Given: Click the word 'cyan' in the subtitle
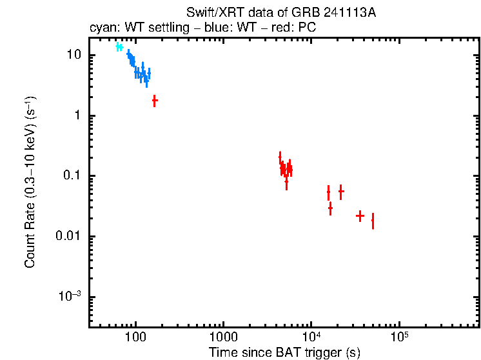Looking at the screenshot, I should click(x=101, y=28).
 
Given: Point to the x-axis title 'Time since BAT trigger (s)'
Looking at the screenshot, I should click(x=284, y=352).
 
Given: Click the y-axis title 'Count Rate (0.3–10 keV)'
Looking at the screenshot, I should click(x=30, y=187).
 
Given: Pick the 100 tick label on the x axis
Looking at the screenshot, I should click(x=135, y=337).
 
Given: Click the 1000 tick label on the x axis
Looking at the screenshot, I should click(x=223, y=337).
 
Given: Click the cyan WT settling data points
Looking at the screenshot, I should click(x=119, y=47).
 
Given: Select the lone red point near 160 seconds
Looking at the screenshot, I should click(x=155, y=101).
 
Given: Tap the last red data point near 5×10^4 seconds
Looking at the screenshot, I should click(x=373, y=221).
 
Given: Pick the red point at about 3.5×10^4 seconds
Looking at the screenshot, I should click(x=360, y=216).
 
